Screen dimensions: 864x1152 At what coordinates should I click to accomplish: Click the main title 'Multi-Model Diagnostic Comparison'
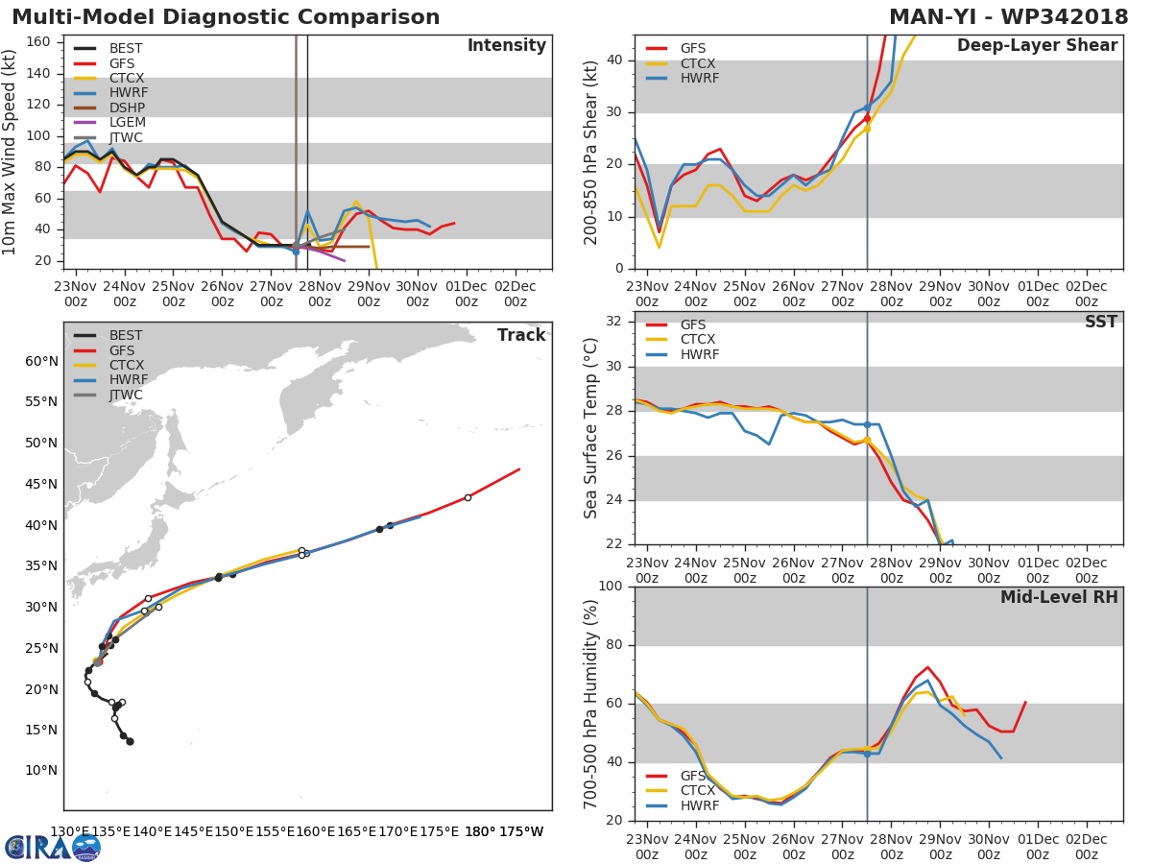(x=226, y=17)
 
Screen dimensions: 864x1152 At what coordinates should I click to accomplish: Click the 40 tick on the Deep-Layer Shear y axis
(x=615, y=60)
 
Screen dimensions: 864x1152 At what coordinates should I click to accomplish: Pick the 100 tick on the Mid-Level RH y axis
(x=611, y=587)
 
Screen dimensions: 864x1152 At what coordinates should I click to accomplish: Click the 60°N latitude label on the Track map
(x=41, y=361)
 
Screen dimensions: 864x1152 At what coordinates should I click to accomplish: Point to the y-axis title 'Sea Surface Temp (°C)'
(x=590, y=428)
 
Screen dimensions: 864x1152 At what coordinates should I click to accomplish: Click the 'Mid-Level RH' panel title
(x=1059, y=598)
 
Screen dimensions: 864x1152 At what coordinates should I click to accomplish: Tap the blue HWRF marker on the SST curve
(x=867, y=424)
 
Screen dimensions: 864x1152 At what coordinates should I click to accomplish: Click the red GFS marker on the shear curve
(x=867, y=119)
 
